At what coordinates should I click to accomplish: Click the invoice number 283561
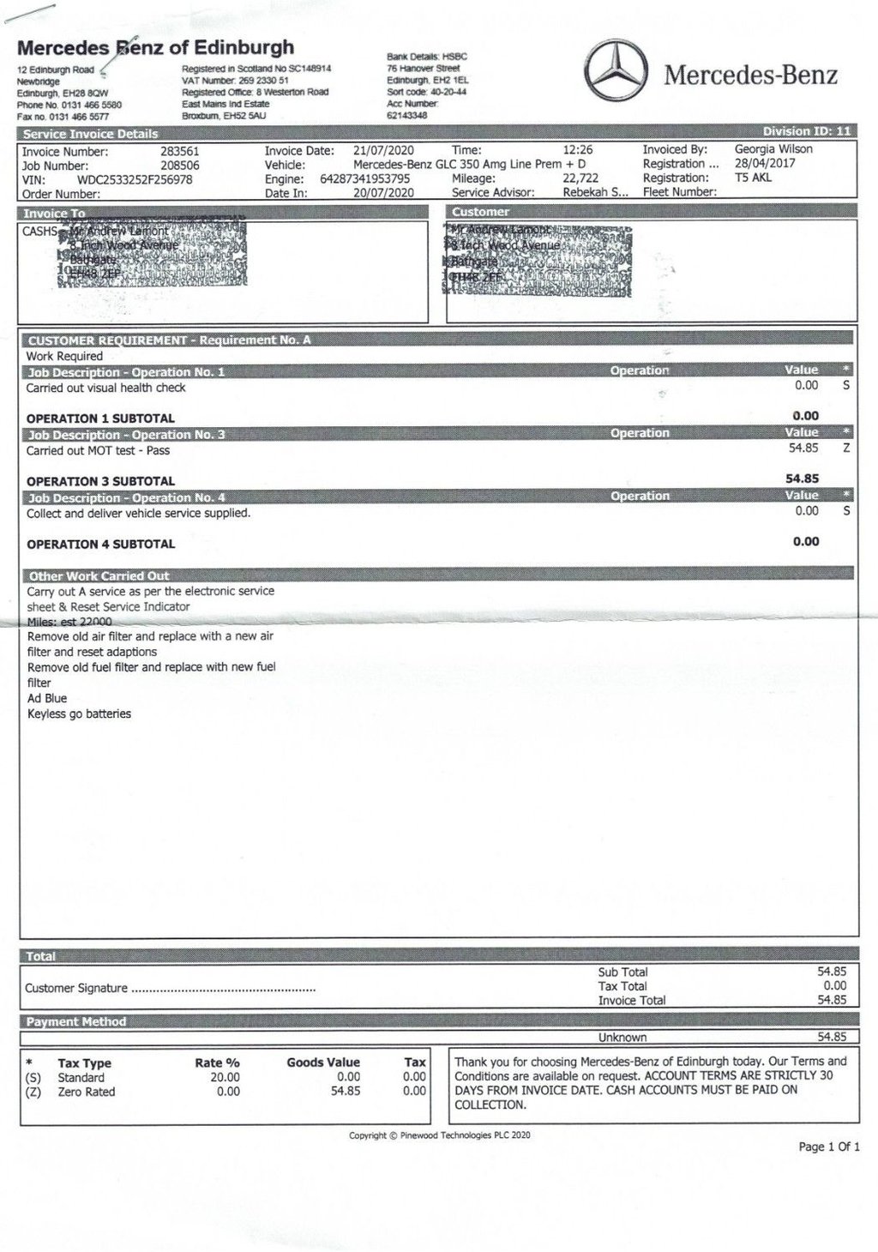point(180,151)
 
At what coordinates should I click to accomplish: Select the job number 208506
point(180,166)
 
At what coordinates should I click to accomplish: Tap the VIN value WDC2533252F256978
point(135,180)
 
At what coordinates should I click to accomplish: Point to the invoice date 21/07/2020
point(383,150)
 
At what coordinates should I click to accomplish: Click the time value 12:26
point(578,150)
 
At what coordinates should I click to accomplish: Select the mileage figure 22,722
point(580,178)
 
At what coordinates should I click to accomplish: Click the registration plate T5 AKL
point(753,178)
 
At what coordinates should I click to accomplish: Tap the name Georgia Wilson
point(773,149)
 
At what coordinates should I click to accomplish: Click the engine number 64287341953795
point(364,179)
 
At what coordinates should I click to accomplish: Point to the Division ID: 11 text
point(807,131)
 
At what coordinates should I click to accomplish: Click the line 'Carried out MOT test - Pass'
point(98,450)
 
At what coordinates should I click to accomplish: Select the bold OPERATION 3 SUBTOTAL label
point(100,481)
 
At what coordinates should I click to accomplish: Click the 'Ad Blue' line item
point(47,698)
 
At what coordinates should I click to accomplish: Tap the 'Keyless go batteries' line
point(79,713)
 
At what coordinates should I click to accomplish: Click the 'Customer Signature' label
point(76,988)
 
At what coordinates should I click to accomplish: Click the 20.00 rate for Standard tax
point(225,1077)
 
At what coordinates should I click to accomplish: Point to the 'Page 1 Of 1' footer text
point(828,1147)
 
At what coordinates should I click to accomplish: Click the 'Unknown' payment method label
point(622,1037)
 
